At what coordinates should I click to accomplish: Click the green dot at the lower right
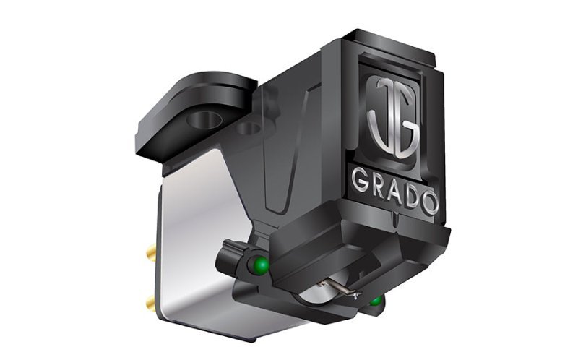tap(376, 299)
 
